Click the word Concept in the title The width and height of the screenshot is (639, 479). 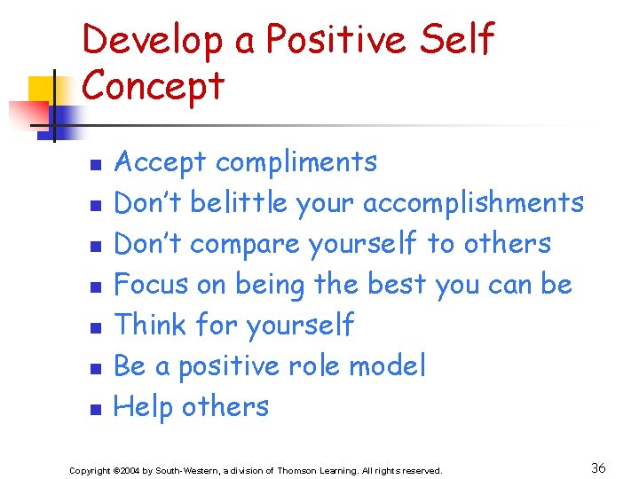154,86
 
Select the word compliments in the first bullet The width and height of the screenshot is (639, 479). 296,162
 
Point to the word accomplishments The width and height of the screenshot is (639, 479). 473,203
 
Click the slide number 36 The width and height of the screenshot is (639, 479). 598,468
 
